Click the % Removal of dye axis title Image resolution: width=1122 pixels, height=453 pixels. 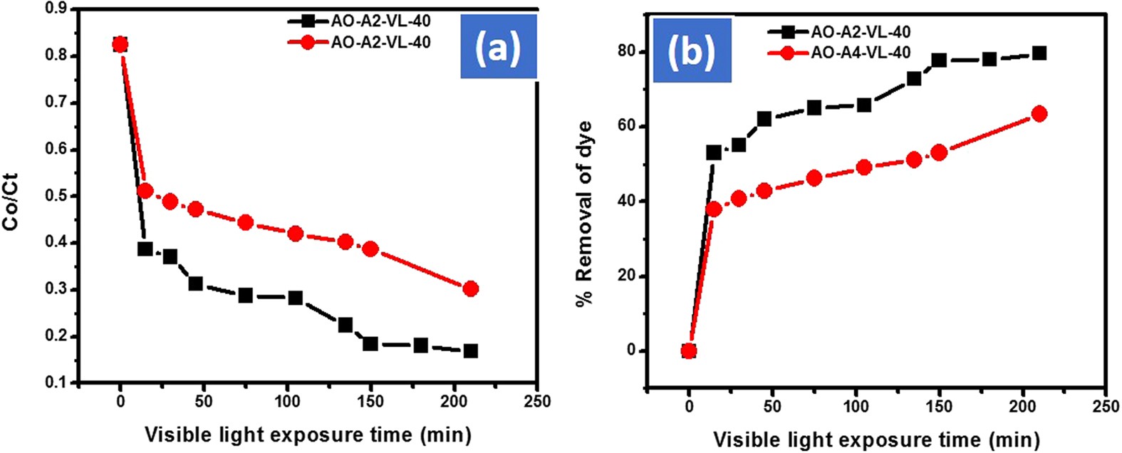coord(585,214)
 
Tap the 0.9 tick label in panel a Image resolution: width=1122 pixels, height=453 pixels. coord(55,9)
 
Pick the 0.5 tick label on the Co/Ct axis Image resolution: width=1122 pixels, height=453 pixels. coord(55,196)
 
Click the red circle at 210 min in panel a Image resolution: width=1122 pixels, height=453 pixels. coord(470,288)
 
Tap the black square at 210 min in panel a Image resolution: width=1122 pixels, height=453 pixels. coord(470,350)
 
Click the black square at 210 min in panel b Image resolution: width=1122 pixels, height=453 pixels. coord(1039,53)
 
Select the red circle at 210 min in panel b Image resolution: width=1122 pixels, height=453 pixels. coord(1039,114)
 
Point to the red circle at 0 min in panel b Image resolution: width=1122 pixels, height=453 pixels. coord(688,350)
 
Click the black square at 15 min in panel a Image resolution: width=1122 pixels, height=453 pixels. coord(145,249)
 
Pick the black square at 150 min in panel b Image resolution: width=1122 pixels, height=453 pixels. coord(938,60)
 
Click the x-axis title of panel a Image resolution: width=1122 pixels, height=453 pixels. coord(307,434)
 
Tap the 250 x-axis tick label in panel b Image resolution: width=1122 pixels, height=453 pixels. coord(1105,407)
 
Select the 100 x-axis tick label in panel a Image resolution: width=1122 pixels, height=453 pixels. coord(286,402)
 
